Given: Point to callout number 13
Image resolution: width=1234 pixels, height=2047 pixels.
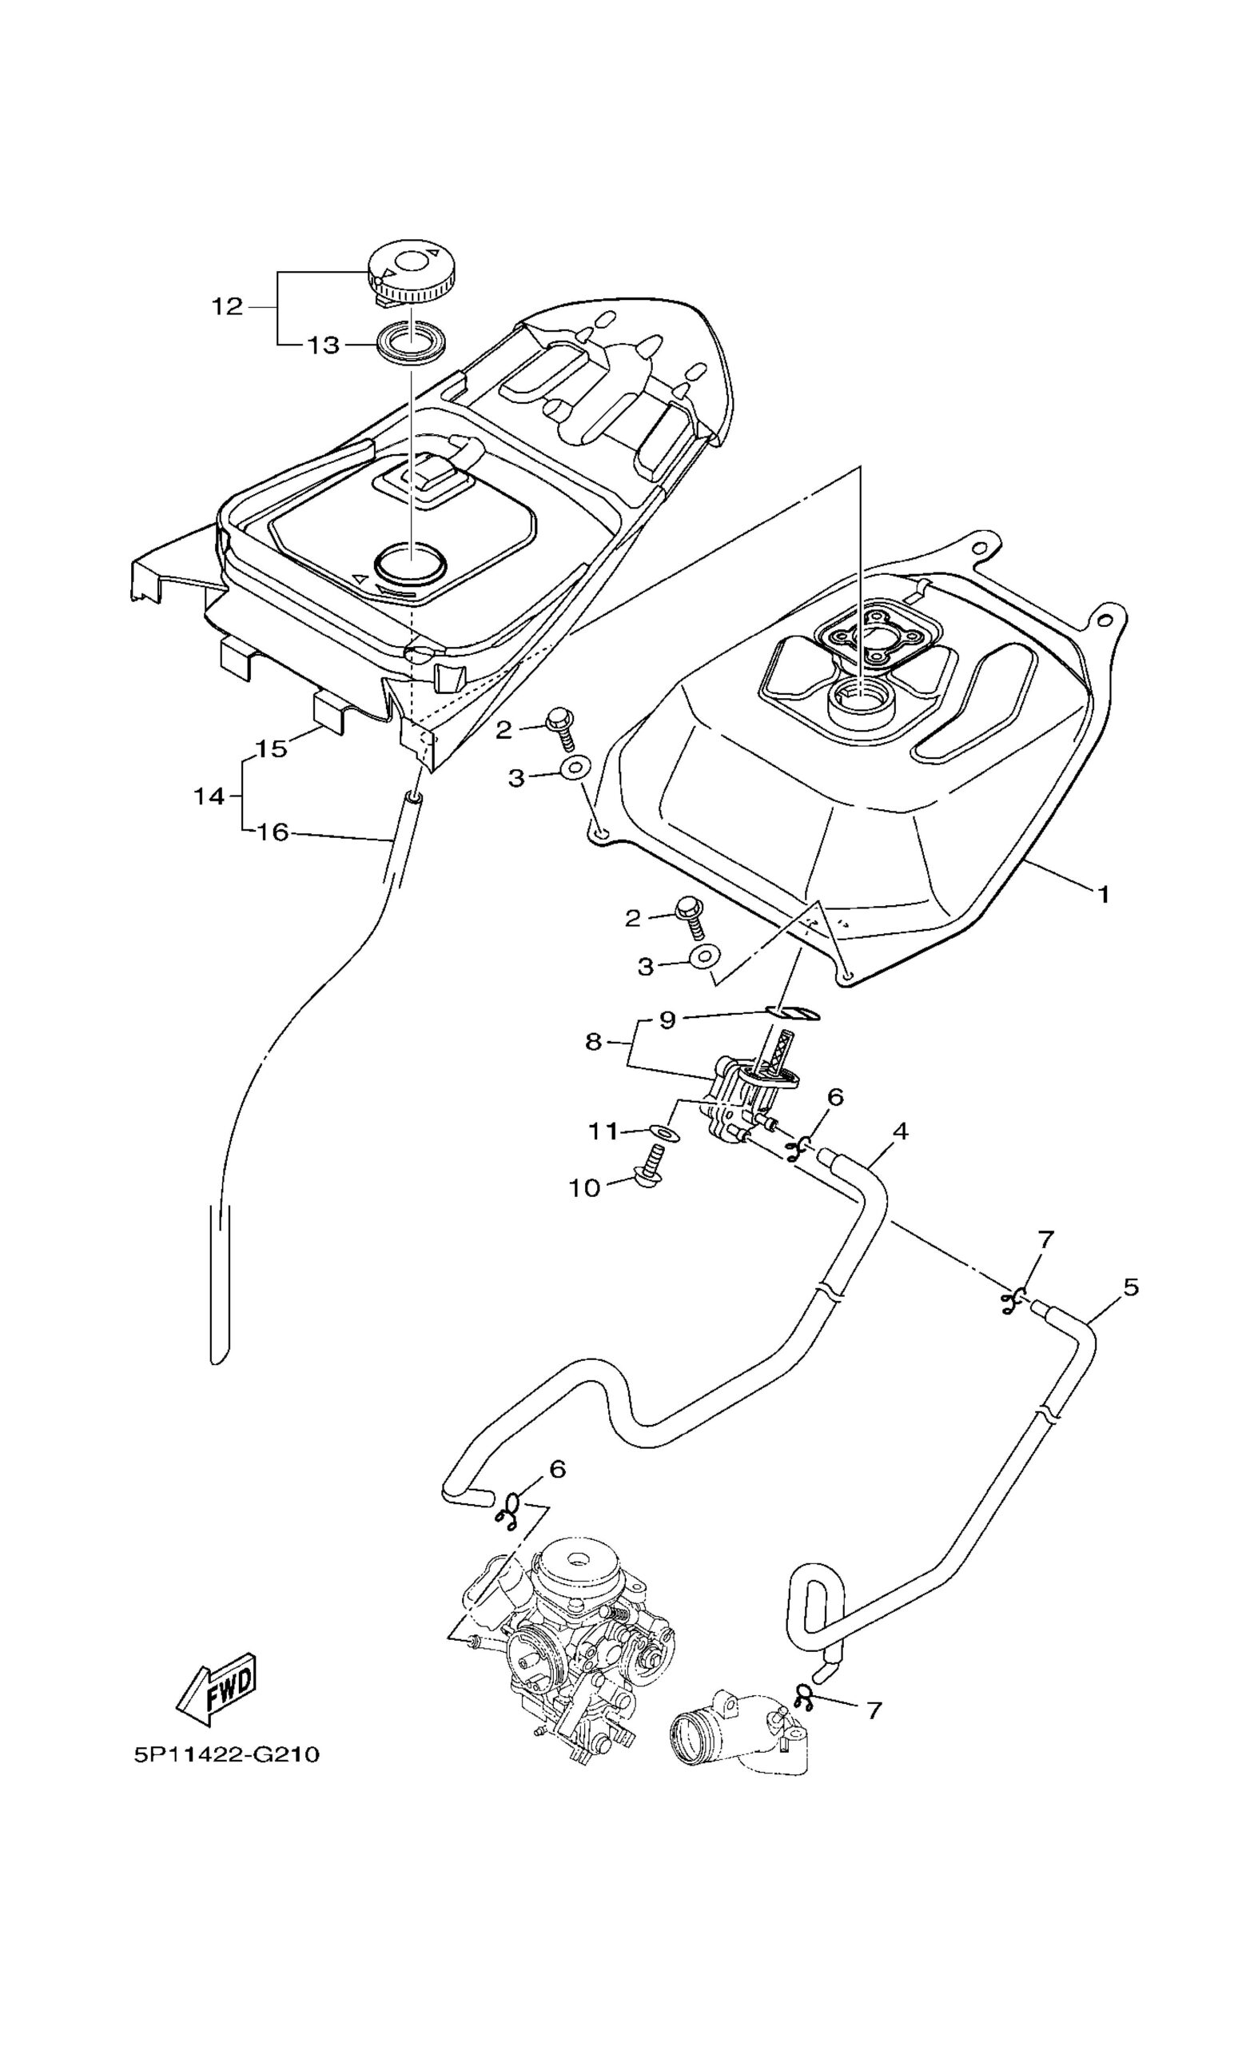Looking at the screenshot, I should pos(324,345).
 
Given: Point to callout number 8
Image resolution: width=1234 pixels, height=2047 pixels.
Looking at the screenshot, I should pos(593,1041).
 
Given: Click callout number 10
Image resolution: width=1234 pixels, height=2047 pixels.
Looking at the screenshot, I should pos(583,1188).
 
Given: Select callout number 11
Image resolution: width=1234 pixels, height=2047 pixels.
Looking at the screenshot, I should pos(603,1131).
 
